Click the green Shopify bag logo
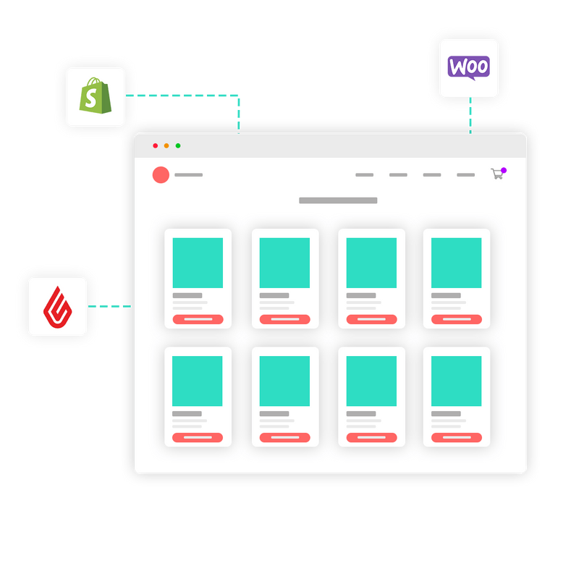click(96, 96)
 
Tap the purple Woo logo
click(468, 67)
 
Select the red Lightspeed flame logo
click(58, 307)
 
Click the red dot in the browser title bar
click(156, 146)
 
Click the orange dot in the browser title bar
click(166, 146)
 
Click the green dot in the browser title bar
click(178, 146)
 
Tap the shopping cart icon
click(497, 174)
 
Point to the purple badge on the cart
click(504, 170)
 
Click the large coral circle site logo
click(161, 175)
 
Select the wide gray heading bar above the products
click(338, 200)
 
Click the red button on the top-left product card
click(198, 319)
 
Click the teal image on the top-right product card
click(457, 263)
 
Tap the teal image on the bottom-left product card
click(197, 381)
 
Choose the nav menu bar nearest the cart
click(465, 175)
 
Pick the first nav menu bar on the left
click(365, 175)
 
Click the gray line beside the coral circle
click(189, 175)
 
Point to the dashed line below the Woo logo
click(470, 115)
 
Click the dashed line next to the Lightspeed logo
click(110, 306)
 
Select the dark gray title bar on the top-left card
click(187, 295)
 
